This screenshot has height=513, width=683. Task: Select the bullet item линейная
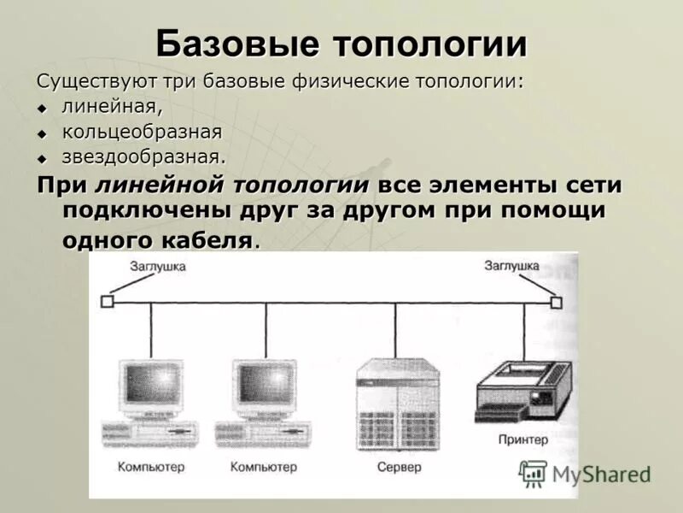(112, 108)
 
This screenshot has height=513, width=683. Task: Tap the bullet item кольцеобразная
(142, 133)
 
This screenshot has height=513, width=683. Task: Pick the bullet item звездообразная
(143, 157)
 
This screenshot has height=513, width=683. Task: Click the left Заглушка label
(157, 267)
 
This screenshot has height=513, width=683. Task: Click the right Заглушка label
(511, 267)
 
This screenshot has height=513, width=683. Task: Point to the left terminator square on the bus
(107, 301)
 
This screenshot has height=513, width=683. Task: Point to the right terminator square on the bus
(557, 302)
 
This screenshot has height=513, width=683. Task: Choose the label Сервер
(399, 468)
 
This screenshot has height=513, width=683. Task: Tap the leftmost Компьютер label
(150, 468)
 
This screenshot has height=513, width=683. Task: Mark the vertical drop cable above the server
(394, 329)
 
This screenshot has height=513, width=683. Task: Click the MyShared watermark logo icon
(534, 473)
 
